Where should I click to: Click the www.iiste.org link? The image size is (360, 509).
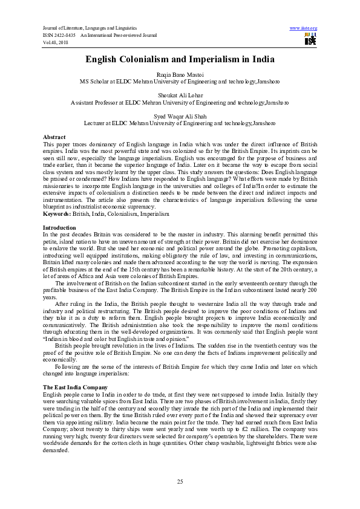[x=304, y=28]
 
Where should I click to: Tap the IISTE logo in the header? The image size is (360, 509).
[x=310, y=39]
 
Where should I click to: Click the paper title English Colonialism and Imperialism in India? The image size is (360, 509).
[x=180, y=59]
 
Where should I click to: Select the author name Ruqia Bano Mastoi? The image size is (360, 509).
[x=180, y=73]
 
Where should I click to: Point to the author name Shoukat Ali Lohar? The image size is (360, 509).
[x=180, y=96]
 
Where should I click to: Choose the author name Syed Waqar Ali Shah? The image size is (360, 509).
[x=180, y=117]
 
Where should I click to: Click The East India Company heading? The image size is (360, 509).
[x=76, y=386]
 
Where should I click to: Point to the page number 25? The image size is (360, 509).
[x=180, y=481]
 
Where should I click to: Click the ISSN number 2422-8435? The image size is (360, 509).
[x=67, y=35]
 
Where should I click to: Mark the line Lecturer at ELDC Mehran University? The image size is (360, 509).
[x=180, y=125]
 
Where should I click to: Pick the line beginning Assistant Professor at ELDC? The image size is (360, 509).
[x=180, y=103]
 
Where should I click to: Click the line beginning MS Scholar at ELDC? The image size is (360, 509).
[x=180, y=80]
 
